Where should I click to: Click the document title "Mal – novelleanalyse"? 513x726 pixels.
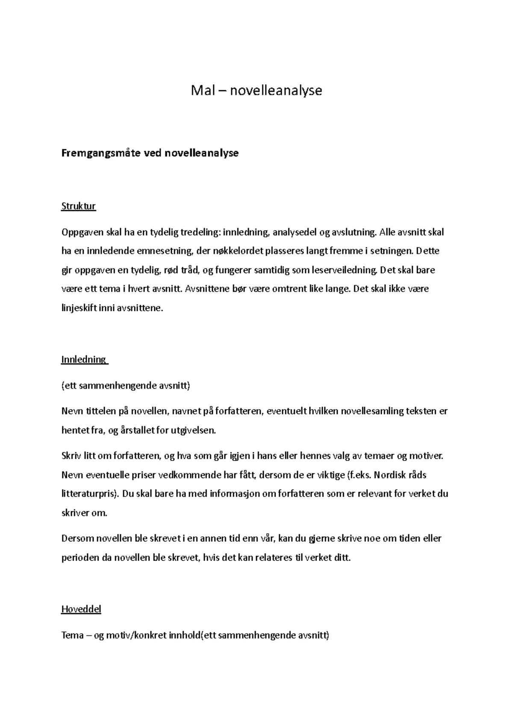pos(256,91)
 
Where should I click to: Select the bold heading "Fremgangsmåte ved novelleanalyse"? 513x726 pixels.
pos(150,153)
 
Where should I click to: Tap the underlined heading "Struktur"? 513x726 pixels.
pos(78,206)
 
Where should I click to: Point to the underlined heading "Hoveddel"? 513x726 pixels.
pos(81,609)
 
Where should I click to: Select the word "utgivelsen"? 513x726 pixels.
pos(193,430)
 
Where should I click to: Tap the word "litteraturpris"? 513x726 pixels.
pos(88,493)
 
